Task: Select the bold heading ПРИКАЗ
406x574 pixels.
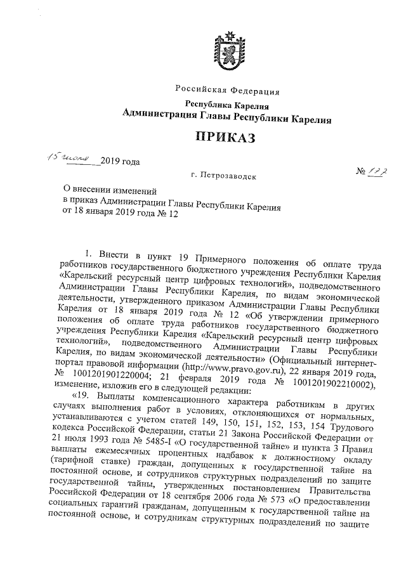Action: (x=226, y=137)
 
